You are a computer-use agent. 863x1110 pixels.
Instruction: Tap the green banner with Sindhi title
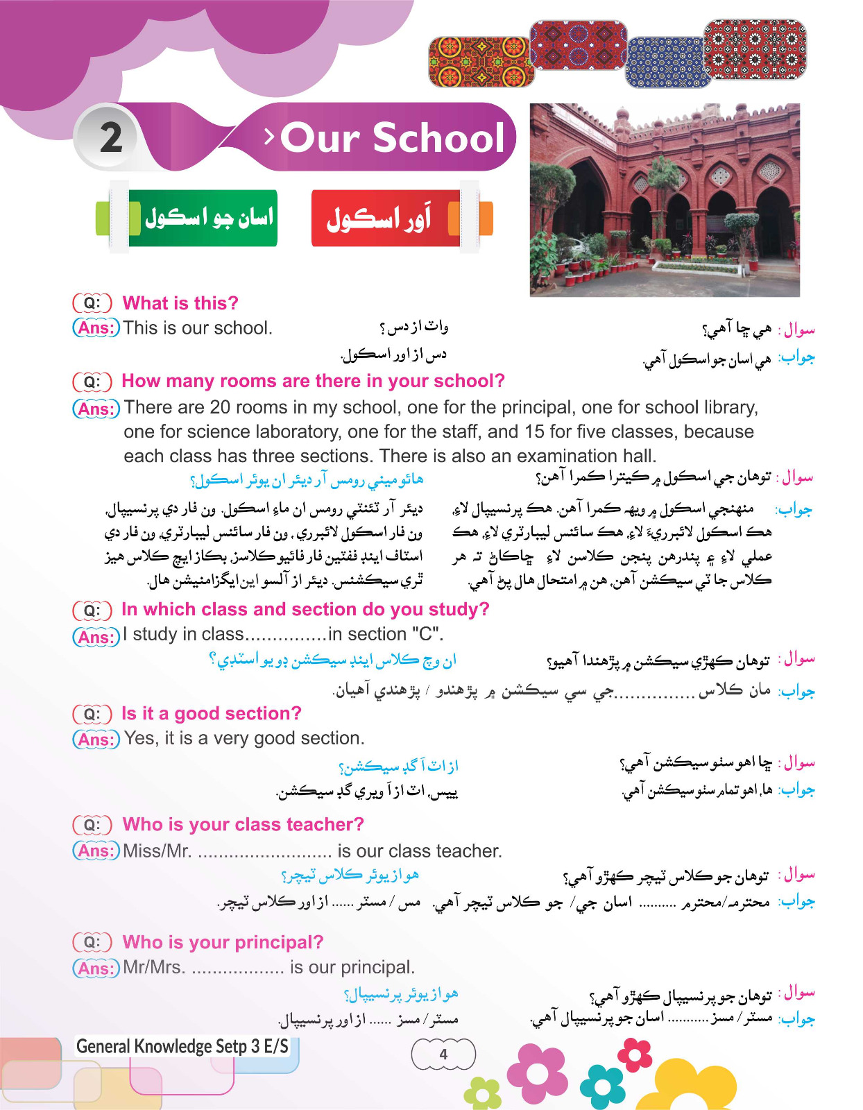coord(203,218)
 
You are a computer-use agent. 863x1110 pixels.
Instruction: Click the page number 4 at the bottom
coord(443,1054)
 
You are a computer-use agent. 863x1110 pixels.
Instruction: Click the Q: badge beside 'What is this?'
coord(92,303)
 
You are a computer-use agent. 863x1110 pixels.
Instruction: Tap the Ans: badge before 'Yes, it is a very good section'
coord(96,739)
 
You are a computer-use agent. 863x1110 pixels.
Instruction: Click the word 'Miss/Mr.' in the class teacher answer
coord(157,851)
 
